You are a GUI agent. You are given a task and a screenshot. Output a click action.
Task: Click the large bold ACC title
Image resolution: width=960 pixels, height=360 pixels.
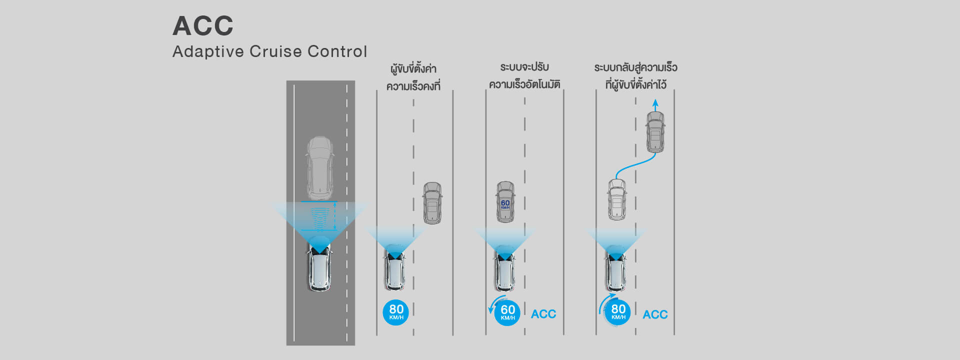click(203, 26)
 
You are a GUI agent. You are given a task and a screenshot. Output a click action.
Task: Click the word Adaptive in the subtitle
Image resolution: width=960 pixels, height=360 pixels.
click(208, 51)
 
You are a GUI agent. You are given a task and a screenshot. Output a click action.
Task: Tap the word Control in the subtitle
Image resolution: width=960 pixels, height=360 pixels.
click(337, 51)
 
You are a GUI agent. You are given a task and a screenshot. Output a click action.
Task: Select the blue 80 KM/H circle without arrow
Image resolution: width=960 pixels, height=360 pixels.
click(396, 311)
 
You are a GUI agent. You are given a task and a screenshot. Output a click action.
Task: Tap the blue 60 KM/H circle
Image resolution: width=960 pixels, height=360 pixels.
click(507, 312)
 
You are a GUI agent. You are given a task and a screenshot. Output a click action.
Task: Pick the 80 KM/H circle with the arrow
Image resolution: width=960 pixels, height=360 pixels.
click(618, 311)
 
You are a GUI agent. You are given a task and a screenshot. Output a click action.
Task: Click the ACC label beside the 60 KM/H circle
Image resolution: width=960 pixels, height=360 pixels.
click(543, 314)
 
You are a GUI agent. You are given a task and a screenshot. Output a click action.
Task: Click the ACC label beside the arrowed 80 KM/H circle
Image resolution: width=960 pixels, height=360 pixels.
click(655, 314)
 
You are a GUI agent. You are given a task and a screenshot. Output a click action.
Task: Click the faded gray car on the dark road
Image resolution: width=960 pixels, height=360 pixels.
click(319, 167)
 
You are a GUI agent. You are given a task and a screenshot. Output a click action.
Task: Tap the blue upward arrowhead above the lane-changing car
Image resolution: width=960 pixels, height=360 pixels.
click(655, 102)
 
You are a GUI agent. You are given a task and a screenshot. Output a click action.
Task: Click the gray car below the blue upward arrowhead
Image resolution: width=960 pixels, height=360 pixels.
click(655, 132)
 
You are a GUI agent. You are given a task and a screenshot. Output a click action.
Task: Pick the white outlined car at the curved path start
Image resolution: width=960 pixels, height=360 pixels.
click(617, 199)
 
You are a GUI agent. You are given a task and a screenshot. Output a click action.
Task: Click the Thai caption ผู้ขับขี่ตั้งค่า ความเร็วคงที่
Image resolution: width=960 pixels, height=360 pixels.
click(413, 77)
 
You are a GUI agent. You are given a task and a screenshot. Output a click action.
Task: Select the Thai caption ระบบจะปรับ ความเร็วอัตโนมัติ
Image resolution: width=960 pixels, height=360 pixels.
click(524, 75)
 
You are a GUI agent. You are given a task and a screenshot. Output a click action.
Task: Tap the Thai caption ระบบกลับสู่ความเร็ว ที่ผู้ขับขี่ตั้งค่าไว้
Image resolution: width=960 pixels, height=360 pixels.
click(635, 76)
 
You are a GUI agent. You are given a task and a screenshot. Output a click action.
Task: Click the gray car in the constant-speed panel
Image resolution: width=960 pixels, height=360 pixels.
click(432, 203)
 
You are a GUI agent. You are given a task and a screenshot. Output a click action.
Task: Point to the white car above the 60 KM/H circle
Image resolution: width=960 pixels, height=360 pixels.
click(505, 269)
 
